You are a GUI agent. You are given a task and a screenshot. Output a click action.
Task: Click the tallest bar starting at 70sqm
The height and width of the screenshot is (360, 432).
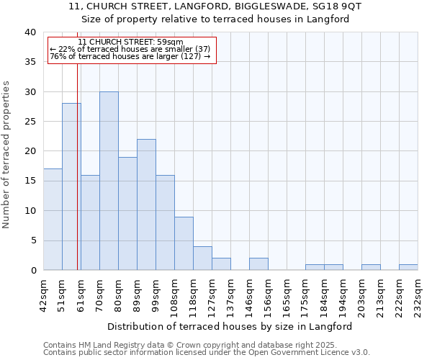coord(109,181)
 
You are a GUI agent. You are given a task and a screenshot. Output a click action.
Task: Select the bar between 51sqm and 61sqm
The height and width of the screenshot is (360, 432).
coord(71,186)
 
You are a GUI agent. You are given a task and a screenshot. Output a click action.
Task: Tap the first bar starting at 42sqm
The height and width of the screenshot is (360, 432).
coord(53,220)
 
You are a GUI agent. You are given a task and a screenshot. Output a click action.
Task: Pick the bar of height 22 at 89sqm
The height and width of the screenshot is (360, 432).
coord(146,204)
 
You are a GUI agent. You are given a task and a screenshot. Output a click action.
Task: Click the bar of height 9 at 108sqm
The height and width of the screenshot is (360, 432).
coord(184,243)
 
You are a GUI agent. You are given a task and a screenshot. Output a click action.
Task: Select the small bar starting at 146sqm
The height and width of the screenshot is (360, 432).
coord(258,264)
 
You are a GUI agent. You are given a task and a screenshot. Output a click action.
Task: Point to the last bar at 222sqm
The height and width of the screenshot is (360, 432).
coord(408,267)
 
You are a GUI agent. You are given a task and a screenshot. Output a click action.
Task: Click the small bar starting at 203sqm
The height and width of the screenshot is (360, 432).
coord(371,267)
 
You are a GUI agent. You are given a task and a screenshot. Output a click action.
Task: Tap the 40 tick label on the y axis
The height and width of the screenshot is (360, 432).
coord(30,32)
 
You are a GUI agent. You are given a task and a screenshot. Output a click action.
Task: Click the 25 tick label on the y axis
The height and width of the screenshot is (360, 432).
coord(30,122)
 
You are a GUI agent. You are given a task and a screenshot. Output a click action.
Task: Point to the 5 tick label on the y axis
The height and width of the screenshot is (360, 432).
coord(33,240)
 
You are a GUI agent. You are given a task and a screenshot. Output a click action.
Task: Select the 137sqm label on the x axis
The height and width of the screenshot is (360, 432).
coord(230,295)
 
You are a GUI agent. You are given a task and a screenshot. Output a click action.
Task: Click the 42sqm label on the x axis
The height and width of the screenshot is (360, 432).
coord(43,295)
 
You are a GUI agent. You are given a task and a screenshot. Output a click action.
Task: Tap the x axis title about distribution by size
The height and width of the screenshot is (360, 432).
coord(230,326)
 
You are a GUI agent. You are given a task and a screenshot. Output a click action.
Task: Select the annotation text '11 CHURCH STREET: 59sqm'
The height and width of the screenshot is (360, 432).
coord(130,42)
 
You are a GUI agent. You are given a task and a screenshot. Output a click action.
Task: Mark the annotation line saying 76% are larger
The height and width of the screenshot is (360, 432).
coord(130,56)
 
